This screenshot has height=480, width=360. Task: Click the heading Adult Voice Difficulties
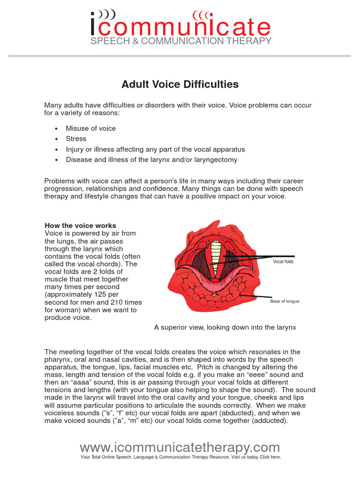pyautogui.click(x=180, y=84)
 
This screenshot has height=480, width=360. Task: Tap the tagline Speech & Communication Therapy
pyautogui.click(x=180, y=41)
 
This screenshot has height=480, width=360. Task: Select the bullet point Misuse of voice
pyautogui.click(x=90, y=128)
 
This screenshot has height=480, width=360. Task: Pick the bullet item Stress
pyautogui.click(x=76, y=139)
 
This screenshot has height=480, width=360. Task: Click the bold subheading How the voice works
pyautogui.click(x=80, y=225)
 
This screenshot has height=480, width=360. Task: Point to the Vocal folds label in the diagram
pyautogui.click(x=283, y=262)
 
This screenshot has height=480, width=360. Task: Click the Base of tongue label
pyautogui.click(x=285, y=301)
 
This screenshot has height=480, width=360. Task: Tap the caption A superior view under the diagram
pyautogui.click(x=225, y=327)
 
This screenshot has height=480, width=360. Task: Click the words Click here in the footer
pyautogui.click(x=270, y=457)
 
